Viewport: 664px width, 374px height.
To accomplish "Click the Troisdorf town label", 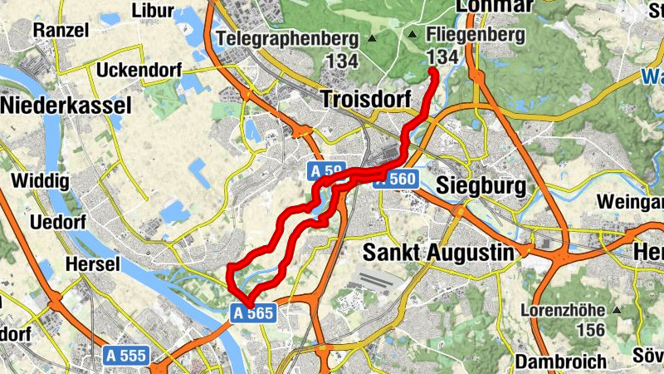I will pos(365,101).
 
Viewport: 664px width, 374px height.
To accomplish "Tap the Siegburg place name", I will pos(481,185).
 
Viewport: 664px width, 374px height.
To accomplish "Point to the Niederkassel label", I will pos(66,106).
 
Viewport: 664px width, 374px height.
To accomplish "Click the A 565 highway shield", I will pos(259,312).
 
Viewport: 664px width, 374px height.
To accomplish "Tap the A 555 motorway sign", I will pos(127,356).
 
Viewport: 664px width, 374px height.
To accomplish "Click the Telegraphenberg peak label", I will pos(286,38).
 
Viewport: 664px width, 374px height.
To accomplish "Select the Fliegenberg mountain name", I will pos(476,35).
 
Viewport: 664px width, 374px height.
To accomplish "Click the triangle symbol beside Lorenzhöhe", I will pos(616,310).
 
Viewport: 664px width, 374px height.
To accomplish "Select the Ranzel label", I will pos(60,29).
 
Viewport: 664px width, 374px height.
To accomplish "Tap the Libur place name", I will pos(153,11).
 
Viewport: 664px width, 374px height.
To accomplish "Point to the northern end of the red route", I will pos(433,72).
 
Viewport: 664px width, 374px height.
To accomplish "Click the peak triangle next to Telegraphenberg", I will pos(372,39).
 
